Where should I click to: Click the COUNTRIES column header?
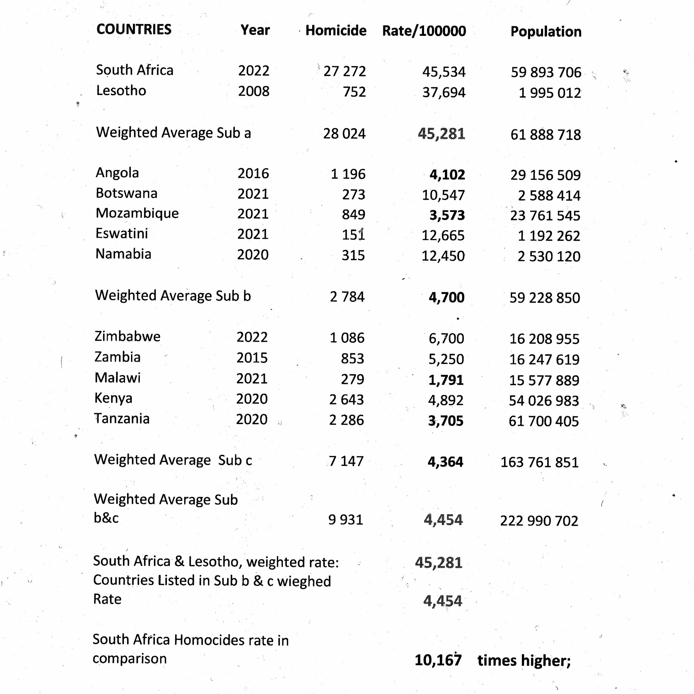(x=134, y=30)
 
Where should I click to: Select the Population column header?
(x=546, y=32)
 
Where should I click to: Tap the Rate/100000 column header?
(x=424, y=31)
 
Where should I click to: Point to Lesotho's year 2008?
(x=253, y=91)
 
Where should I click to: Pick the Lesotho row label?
(x=121, y=91)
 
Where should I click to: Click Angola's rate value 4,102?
(x=447, y=175)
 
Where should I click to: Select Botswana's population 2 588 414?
(x=549, y=195)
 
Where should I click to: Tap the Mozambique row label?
(x=137, y=213)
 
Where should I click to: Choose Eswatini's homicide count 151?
(x=353, y=235)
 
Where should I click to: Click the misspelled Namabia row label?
(x=123, y=254)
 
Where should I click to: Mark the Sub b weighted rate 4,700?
(x=446, y=297)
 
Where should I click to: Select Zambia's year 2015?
(x=252, y=358)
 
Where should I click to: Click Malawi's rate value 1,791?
(x=446, y=380)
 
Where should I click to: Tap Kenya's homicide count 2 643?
(x=346, y=399)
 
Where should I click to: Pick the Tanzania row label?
(x=122, y=419)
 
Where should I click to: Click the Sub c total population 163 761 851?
(x=539, y=462)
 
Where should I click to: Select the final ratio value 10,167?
(x=438, y=660)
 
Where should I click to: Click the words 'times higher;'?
(x=524, y=660)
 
